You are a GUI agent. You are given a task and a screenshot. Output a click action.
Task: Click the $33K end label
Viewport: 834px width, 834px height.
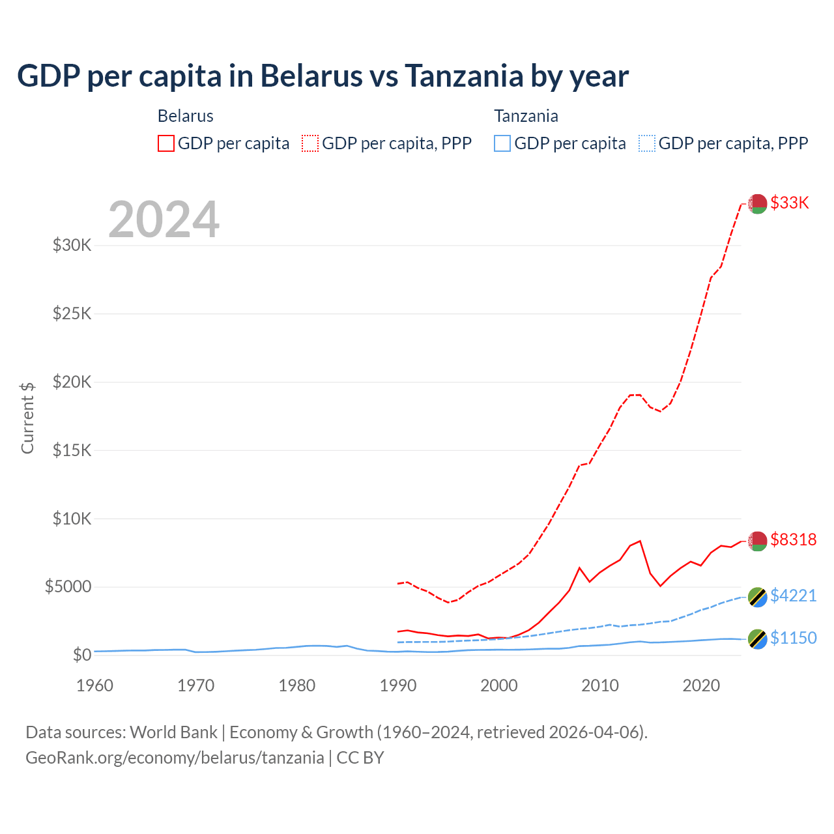[790, 203]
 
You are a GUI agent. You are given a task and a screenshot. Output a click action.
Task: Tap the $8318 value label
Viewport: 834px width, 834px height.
[793, 539]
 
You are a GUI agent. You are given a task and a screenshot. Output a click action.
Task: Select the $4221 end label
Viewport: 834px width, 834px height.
[793, 596]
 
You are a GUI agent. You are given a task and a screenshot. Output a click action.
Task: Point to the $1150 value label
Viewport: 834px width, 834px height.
[793, 638]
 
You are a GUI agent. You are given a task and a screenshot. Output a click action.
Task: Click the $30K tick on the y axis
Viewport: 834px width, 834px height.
[72, 246]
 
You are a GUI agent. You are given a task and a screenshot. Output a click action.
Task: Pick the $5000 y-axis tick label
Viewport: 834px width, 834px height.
[68, 586]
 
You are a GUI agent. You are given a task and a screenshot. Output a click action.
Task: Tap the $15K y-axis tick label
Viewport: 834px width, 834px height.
[72, 450]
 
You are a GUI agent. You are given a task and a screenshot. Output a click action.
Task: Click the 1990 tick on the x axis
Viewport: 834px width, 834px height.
[398, 685]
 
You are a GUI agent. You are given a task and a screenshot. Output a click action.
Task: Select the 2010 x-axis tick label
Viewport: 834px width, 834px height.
[600, 685]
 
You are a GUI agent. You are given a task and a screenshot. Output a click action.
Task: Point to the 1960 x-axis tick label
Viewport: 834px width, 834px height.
[95, 685]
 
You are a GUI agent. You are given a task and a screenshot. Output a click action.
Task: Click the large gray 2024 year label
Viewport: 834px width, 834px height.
[164, 220]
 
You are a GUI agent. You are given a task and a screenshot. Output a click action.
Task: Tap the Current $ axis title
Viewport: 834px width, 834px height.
[27, 418]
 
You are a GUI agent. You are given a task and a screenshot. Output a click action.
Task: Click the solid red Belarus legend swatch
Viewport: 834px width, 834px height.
[166, 143]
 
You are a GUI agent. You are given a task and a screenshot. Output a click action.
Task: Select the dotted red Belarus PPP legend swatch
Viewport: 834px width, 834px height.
[310, 143]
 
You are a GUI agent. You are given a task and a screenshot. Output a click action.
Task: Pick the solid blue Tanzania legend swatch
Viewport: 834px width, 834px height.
[502, 143]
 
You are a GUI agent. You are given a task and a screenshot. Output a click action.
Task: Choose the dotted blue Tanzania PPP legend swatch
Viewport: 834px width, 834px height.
[647, 143]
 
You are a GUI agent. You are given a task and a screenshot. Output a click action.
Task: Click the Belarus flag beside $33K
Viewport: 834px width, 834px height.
[757, 204]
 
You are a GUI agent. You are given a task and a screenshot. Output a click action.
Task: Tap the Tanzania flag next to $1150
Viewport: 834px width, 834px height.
[757, 639]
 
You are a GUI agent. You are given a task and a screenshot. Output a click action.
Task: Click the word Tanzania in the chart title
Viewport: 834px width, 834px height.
[464, 76]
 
